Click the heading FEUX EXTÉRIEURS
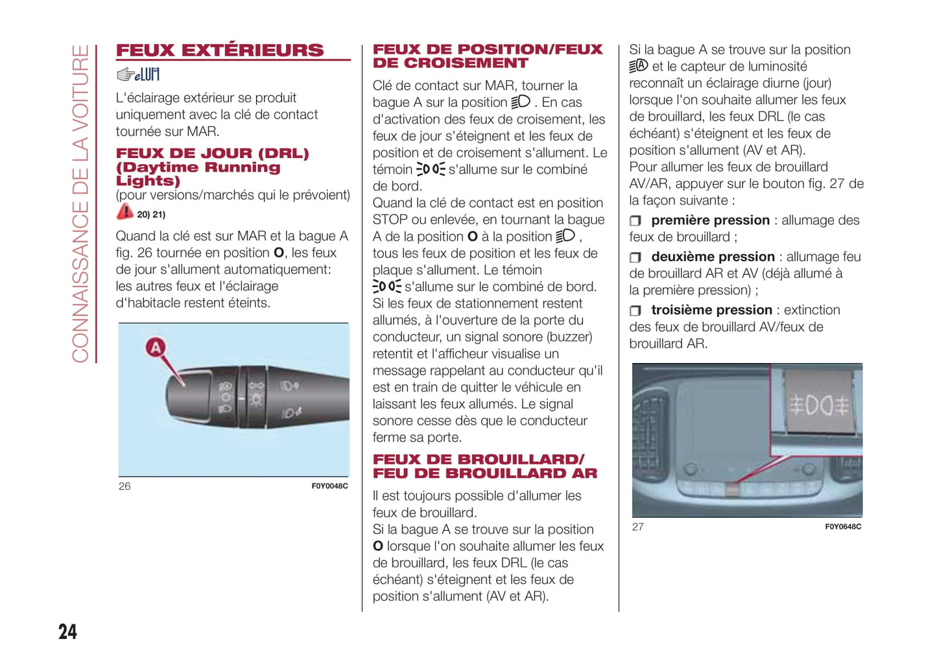click(219, 51)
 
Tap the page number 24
click(67, 631)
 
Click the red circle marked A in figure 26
click(156, 348)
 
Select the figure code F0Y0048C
click(329, 486)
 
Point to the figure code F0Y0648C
click(843, 527)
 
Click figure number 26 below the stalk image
click(125, 486)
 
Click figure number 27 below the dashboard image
click(638, 527)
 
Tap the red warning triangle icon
click(125, 212)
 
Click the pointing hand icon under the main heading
click(126, 75)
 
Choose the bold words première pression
click(710, 220)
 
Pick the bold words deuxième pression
click(713, 257)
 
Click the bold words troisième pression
click(711, 310)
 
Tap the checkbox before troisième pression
click(635, 311)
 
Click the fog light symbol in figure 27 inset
click(818, 406)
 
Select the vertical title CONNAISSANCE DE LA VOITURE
click(80, 204)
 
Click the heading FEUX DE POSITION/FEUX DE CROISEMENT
click(487, 56)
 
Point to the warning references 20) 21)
click(151, 215)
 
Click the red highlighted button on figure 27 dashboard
click(732, 488)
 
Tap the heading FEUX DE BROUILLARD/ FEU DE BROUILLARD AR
click(484, 467)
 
